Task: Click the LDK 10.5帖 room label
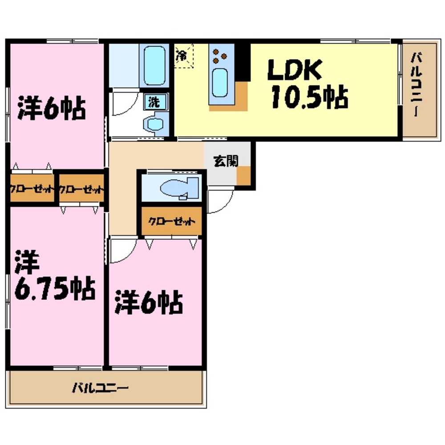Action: (x=307, y=85)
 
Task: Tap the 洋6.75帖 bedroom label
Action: (x=53, y=276)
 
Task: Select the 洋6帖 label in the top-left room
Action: (x=51, y=107)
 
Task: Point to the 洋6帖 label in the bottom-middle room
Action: (x=149, y=303)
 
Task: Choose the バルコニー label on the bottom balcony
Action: (x=101, y=387)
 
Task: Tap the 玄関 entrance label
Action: (x=226, y=162)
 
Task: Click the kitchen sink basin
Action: (x=219, y=83)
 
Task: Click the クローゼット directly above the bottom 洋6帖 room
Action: (x=172, y=221)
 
